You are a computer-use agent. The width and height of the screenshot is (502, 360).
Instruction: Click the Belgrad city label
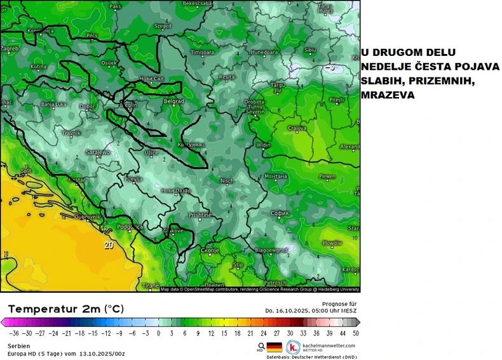174,102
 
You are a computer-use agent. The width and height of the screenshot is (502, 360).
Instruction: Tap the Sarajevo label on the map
98,153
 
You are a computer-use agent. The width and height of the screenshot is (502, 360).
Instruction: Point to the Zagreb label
10,48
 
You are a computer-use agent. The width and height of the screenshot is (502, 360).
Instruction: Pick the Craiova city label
297,128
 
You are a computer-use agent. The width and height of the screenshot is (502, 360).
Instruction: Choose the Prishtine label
200,216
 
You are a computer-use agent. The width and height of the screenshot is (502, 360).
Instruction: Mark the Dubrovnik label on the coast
87,217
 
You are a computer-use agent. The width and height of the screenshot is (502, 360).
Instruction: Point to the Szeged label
163,27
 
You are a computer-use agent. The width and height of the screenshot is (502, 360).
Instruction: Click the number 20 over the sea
109,244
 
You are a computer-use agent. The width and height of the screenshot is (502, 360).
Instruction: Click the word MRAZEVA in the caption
388,95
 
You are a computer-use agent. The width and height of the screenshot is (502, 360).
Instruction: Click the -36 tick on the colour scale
13,333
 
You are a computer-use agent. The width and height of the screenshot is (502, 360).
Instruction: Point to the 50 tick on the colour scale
355,333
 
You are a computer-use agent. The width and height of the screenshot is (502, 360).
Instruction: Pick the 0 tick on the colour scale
159,333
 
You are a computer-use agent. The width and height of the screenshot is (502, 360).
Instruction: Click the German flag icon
274,347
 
